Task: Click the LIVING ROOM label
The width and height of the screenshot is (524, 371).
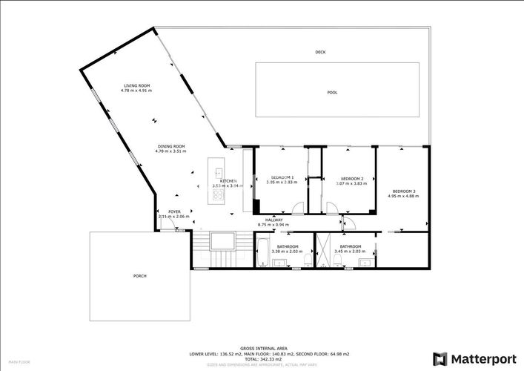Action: pos(136,86)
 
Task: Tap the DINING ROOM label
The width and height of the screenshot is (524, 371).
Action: pos(170,146)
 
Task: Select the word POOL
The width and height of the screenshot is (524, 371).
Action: pos(332,93)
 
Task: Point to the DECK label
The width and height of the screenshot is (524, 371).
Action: pos(320,52)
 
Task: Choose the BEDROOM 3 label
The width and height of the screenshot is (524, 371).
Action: pos(404,191)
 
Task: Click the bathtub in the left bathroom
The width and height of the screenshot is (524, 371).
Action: pos(263,252)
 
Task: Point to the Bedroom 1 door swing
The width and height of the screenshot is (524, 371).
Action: pos(297,209)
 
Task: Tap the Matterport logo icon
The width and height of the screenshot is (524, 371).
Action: pos(440,358)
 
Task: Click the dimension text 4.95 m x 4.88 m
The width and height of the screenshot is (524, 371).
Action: pos(404,196)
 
